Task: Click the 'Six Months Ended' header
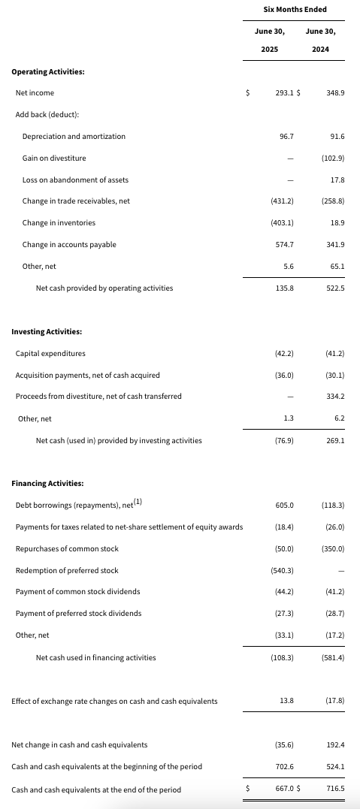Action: (x=295, y=9)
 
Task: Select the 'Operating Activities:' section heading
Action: (x=48, y=71)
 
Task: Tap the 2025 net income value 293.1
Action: (x=285, y=93)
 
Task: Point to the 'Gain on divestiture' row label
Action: (x=54, y=158)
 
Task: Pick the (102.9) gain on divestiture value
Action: (x=333, y=158)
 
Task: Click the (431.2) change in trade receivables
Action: (x=283, y=201)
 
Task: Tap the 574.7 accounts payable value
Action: (x=285, y=245)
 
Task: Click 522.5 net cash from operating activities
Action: (x=336, y=288)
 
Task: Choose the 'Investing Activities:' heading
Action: (x=47, y=332)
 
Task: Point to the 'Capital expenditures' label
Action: (x=50, y=354)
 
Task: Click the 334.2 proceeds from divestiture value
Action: (x=336, y=397)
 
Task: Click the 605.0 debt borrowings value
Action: (x=285, y=505)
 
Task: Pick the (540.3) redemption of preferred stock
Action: (x=283, y=571)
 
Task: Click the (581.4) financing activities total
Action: (x=333, y=658)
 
